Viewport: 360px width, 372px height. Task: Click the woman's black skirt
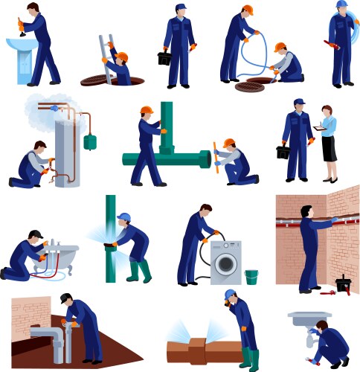click(x=329, y=148)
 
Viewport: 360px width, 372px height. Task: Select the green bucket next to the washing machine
click(x=251, y=277)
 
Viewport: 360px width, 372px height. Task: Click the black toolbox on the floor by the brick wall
click(x=343, y=285)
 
